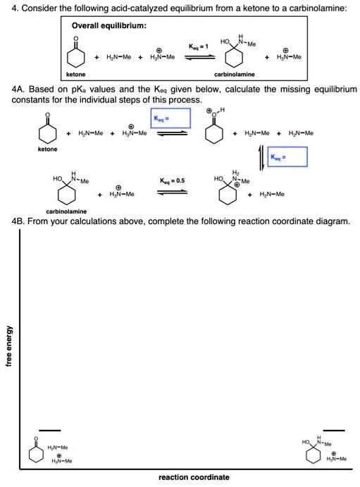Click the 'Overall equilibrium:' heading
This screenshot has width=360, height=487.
pos(109,25)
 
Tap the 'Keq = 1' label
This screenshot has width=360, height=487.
pos(198,47)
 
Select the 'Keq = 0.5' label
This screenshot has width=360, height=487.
pos(172,180)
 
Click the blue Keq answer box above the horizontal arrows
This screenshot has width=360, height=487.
pos(170,118)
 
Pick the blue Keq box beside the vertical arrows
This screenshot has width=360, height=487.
pos(287,157)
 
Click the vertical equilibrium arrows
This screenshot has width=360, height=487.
pos(262,157)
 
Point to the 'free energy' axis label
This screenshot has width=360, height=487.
pos(10,345)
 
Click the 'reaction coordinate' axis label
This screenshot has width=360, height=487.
pos(194,477)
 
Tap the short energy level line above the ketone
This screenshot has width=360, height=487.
pos(49,430)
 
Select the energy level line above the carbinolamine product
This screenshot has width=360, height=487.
pos(334,430)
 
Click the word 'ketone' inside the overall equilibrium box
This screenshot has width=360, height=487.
pos(75,74)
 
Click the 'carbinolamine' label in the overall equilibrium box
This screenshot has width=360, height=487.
pos(235,75)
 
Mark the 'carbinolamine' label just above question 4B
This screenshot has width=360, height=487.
pos(66,211)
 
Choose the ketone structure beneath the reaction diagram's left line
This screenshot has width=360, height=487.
pos(36,451)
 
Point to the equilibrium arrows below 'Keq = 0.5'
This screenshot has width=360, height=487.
pos(172,192)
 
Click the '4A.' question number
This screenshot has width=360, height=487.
pos(18,90)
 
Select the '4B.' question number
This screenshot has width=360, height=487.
pos(18,221)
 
